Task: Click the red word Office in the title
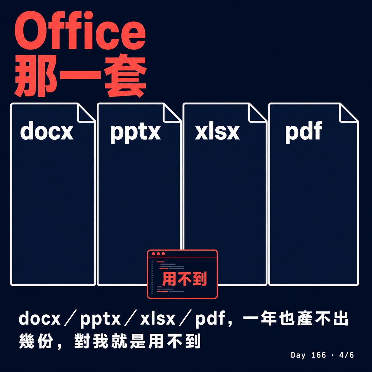(80, 30)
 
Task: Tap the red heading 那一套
(80, 76)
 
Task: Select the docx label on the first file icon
(47, 131)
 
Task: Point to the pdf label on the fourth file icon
(304, 132)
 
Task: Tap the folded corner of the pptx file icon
(171, 113)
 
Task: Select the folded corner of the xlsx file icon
(257, 113)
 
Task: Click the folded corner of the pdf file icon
(349, 113)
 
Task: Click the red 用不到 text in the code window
(184, 279)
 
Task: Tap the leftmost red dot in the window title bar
(153, 254)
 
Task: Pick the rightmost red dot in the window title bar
(163, 254)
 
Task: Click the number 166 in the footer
(319, 355)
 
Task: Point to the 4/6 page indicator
(346, 355)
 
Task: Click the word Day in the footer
(298, 355)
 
